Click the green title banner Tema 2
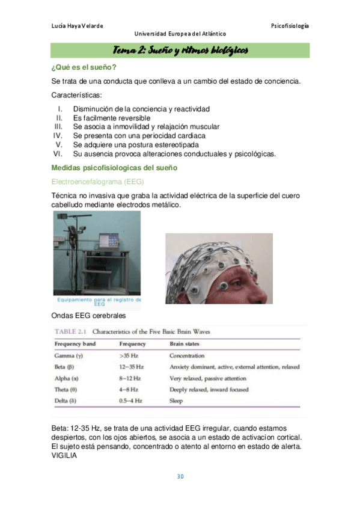pyautogui.click(x=180, y=50)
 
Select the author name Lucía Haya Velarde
pyautogui.click(x=78, y=26)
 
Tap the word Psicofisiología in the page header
pyautogui.click(x=290, y=26)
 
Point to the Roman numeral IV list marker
pyautogui.click(x=58, y=136)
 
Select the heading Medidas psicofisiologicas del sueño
pyautogui.click(x=114, y=168)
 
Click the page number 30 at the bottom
pyautogui.click(x=180, y=477)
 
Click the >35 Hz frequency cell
pyautogui.click(x=130, y=356)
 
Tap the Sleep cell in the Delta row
pyautogui.click(x=177, y=400)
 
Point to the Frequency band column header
pyautogui.click(x=75, y=344)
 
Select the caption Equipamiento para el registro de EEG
pyautogui.click(x=98, y=301)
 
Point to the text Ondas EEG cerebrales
pyautogui.click(x=89, y=315)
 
